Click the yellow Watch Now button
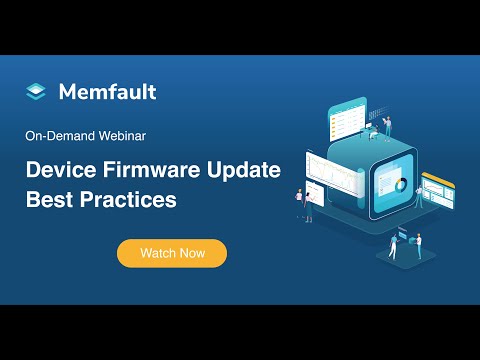(x=172, y=253)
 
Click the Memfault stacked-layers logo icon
(x=36, y=92)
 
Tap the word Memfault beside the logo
(x=106, y=92)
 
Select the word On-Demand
(x=59, y=133)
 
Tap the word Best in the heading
(x=45, y=199)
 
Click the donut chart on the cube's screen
(x=398, y=186)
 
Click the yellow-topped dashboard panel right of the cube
(x=437, y=188)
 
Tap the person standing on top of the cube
(x=388, y=128)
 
